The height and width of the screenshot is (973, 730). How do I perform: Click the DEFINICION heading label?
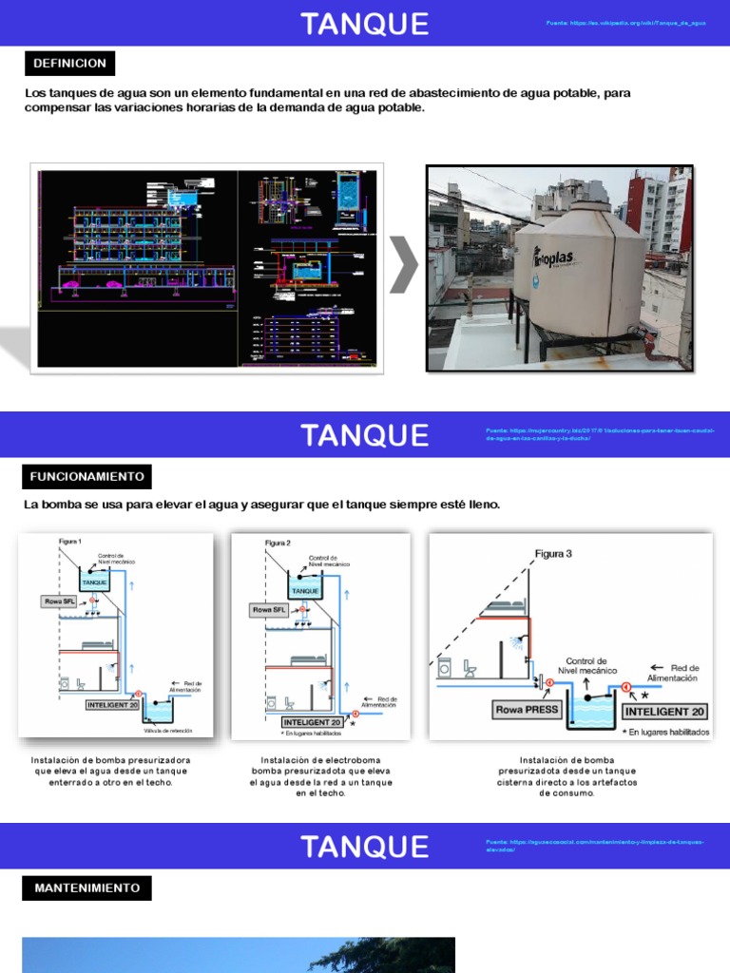coord(70,64)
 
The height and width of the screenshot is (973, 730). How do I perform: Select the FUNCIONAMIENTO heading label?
coord(86,476)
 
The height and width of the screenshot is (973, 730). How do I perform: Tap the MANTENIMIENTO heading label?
coord(86,888)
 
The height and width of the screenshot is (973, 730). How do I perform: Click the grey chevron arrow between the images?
coord(404,266)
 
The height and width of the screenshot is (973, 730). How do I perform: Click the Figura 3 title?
coord(553,553)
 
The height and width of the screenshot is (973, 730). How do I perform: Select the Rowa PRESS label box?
coord(526,709)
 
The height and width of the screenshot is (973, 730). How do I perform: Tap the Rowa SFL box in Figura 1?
coord(59,601)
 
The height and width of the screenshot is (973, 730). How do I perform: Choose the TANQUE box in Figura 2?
coord(305,591)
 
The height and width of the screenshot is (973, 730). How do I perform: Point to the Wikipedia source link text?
coord(625,23)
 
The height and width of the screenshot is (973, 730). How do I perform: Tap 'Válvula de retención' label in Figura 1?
coord(169,731)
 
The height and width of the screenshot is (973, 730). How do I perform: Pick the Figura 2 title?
coord(278,543)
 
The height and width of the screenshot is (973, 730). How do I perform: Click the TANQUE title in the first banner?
coord(365,24)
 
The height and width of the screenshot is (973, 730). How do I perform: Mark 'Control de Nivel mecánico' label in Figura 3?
coord(586,666)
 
